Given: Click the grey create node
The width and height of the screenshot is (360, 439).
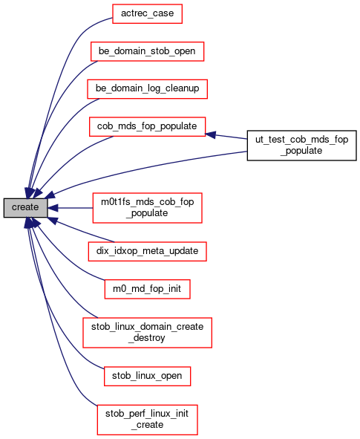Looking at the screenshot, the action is (25, 208).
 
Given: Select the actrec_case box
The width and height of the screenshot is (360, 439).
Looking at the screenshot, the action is (147, 13).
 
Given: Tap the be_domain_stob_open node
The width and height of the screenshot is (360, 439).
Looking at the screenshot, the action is (147, 51).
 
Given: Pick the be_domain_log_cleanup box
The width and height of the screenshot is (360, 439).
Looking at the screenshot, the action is (147, 88).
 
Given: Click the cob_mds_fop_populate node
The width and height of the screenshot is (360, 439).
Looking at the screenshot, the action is (147, 126).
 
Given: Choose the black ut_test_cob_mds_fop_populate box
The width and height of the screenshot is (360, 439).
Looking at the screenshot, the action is (301, 146).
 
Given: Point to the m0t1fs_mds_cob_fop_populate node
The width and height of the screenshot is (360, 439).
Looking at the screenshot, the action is (147, 208).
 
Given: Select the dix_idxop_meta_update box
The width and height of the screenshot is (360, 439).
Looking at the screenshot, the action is (147, 251).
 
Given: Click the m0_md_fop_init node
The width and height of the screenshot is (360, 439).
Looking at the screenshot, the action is (147, 289).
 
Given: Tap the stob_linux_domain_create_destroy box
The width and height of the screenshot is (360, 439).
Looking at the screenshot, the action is (147, 333).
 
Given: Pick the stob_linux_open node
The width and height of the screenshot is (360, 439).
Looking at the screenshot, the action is (147, 376).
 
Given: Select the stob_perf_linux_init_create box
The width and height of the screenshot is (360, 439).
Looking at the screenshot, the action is (147, 420).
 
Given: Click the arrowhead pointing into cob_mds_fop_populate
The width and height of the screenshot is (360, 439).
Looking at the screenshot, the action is (210, 134).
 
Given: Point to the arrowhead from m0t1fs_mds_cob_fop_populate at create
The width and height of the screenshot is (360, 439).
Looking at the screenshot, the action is (53, 208).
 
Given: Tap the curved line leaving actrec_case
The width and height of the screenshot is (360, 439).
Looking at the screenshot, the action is (56, 84).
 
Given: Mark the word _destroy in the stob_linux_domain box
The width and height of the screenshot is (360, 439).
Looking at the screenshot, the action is (147, 338).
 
